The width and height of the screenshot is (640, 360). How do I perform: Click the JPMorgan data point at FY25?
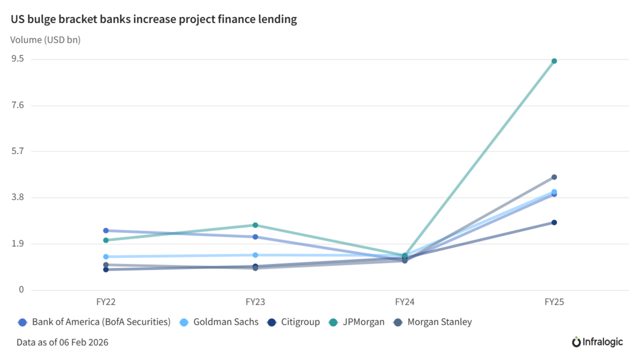[x=554, y=61]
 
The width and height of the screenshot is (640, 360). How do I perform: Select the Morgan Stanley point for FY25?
[x=554, y=177]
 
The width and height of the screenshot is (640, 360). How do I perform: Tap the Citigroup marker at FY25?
[x=554, y=222]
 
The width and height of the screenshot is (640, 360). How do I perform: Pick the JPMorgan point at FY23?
[x=255, y=225]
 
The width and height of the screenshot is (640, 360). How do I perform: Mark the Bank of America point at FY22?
[x=106, y=230]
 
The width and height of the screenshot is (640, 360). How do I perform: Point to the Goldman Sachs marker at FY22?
[x=106, y=257]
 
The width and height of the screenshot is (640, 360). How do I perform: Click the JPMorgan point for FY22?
[x=106, y=240]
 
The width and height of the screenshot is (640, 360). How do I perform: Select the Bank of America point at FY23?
[x=255, y=237]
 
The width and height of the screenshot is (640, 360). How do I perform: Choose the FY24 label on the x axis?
[x=405, y=302]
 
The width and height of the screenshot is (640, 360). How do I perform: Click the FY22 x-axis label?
[x=106, y=302]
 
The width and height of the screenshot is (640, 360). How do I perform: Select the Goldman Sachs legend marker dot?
[x=184, y=322]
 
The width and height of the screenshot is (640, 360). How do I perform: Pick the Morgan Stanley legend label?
[x=440, y=322]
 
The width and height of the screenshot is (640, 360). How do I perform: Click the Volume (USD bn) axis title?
[x=45, y=40]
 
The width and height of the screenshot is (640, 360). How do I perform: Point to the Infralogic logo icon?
[x=577, y=341]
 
